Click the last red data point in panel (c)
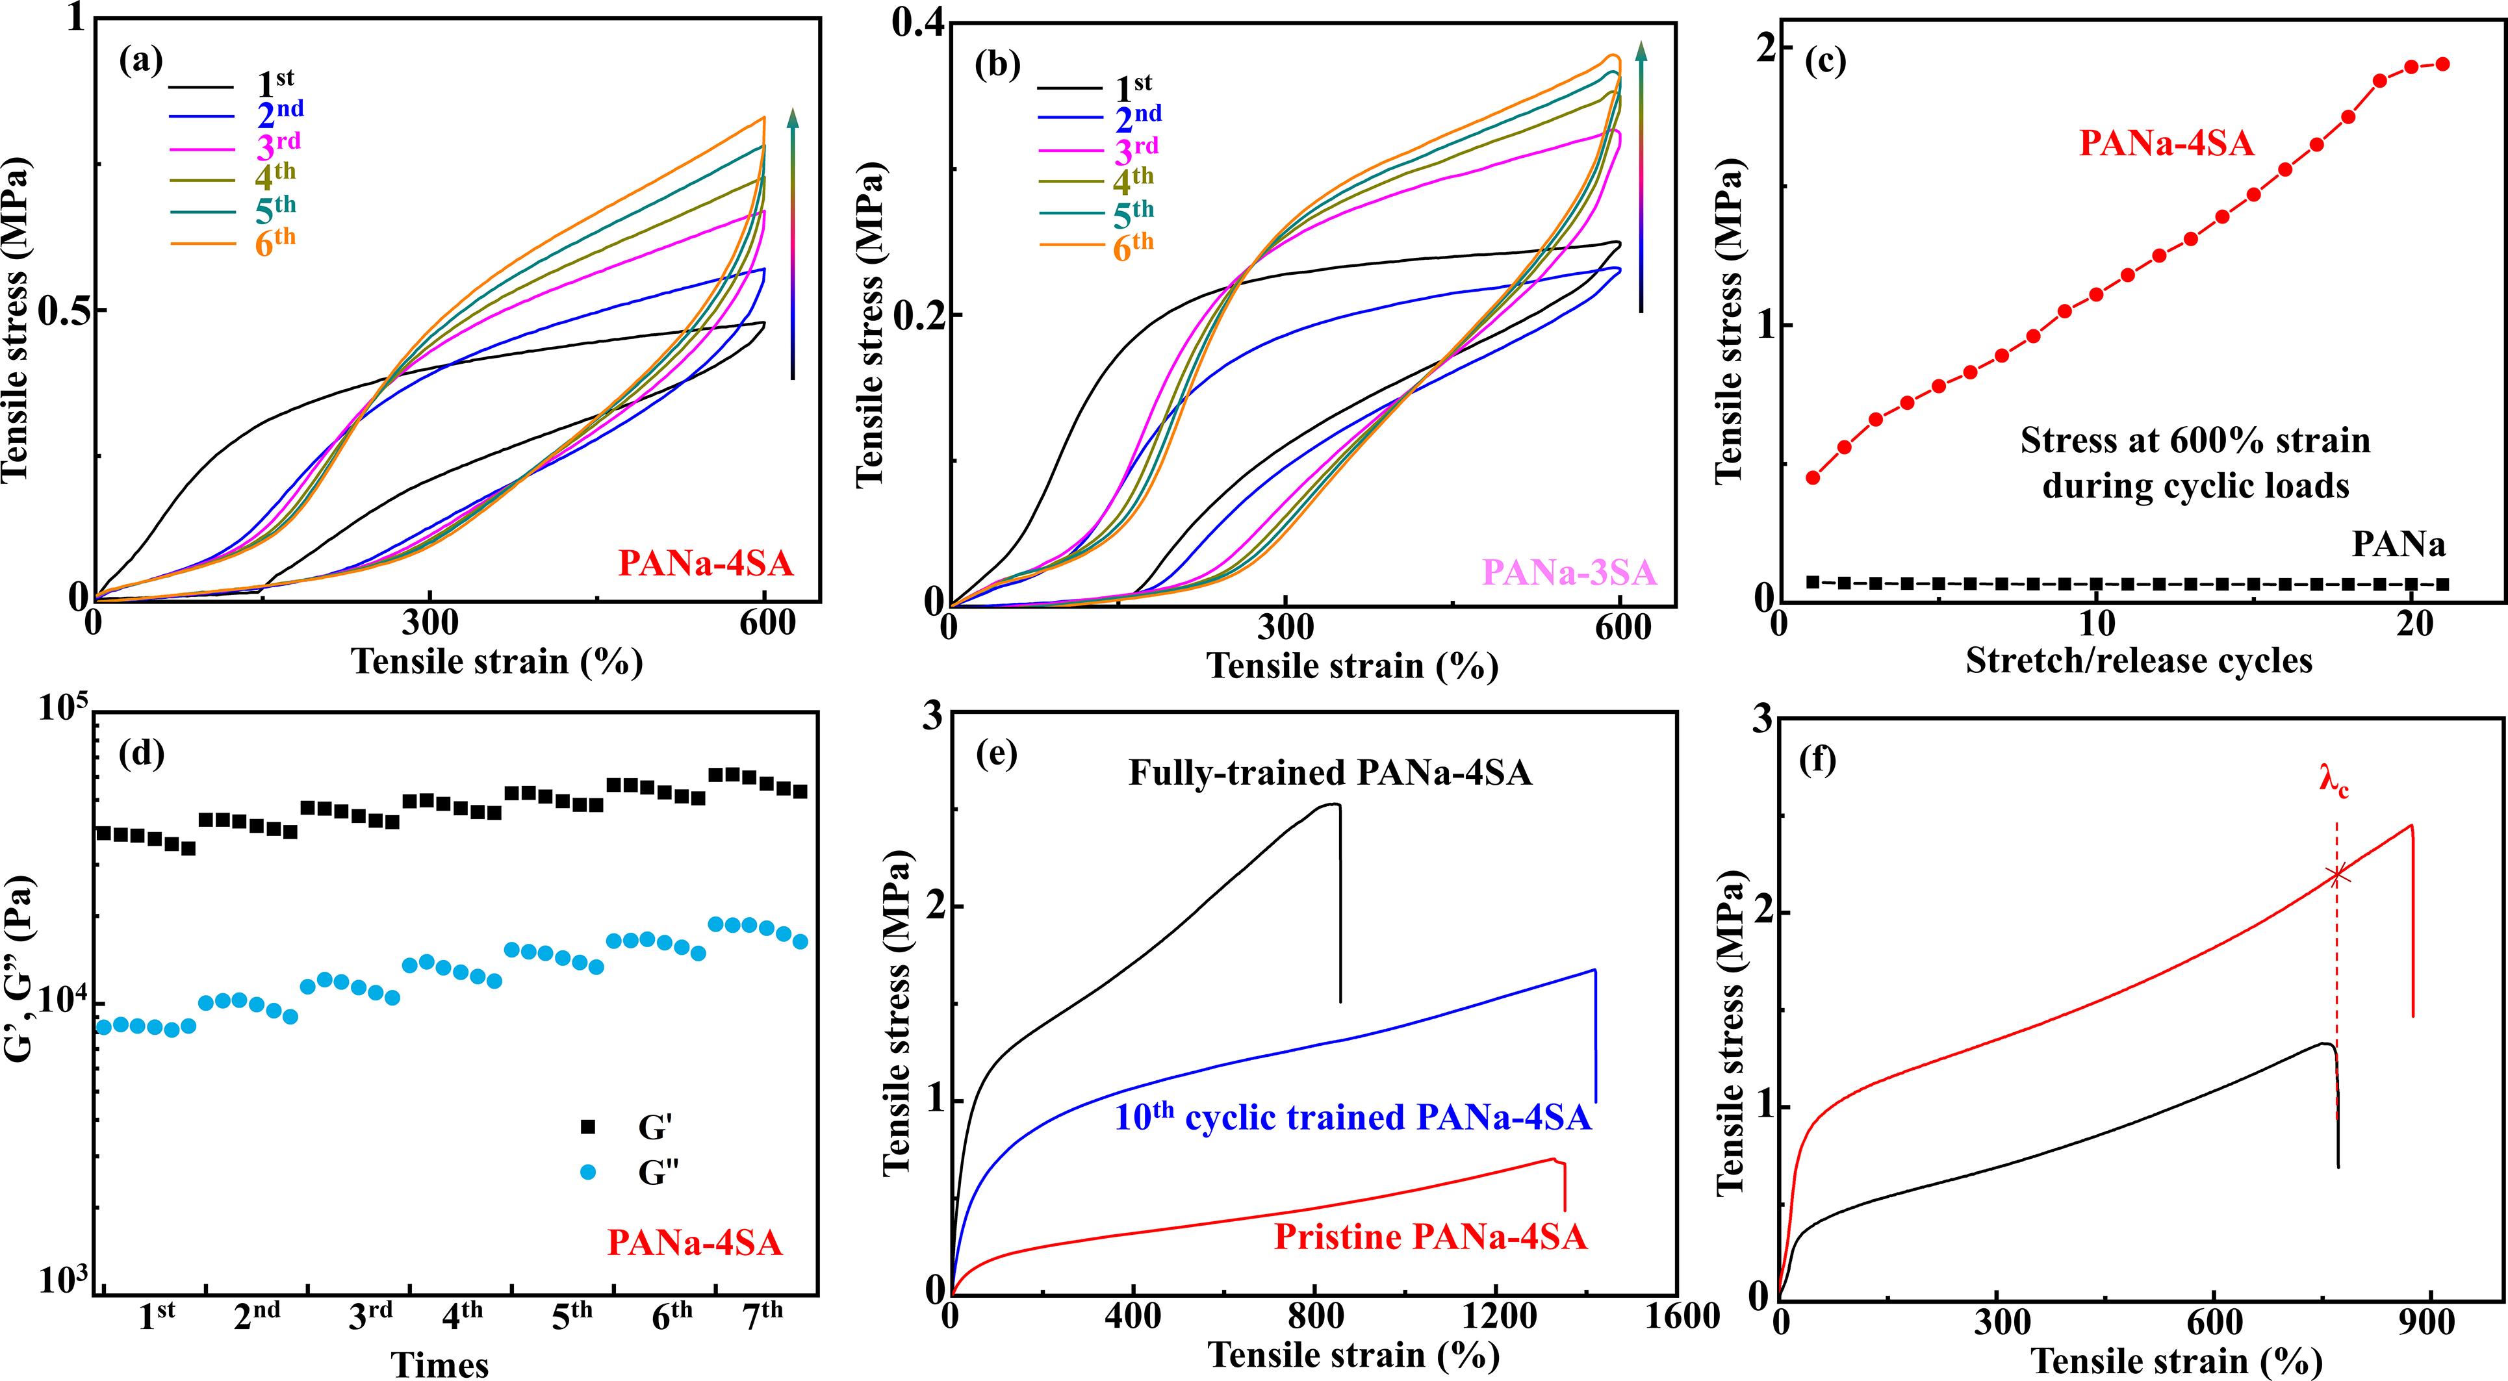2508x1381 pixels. [2441, 64]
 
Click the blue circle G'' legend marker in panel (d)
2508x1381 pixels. [587, 1172]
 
